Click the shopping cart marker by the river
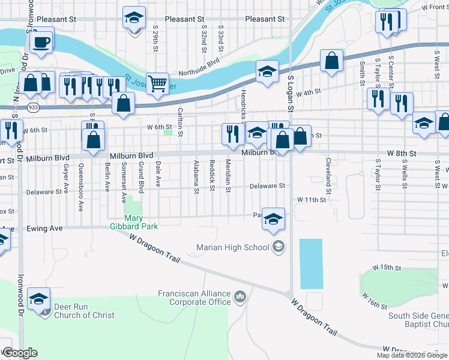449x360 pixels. click(x=157, y=84)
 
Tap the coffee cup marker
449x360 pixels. click(x=41, y=42)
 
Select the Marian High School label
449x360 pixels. click(x=234, y=247)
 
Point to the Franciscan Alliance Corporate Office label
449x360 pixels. click(x=194, y=298)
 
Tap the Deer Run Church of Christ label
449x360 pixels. click(x=84, y=311)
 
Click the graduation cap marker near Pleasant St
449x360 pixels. click(x=134, y=18)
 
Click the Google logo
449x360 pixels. click(x=19, y=353)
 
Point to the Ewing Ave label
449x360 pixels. click(x=45, y=229)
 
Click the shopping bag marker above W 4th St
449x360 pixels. click(x=331, y=61)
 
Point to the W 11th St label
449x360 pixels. click(x=311, y=199)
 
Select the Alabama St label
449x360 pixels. click(x=196, y=178)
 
